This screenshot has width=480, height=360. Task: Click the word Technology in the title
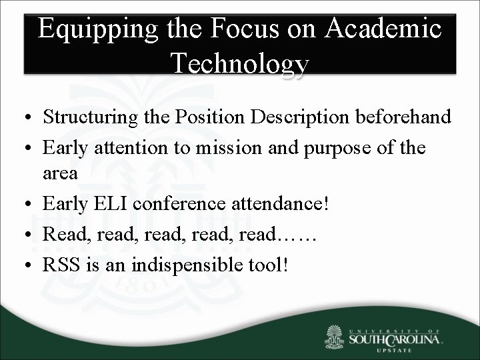(239, 64)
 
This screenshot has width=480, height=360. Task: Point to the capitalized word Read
(61, 233)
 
